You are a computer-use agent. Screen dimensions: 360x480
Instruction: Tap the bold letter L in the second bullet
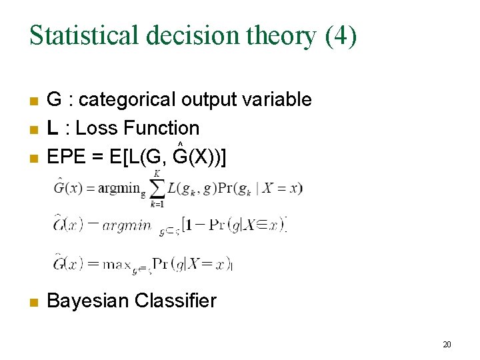52,128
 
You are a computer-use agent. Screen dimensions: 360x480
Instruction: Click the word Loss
101,128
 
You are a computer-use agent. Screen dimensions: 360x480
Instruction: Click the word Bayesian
88,301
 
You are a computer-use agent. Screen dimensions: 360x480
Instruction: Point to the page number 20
447,345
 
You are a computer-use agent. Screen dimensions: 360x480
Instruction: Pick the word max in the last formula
118,264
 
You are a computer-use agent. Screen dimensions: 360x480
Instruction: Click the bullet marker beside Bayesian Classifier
33,302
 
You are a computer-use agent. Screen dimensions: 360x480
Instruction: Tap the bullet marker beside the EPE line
33,159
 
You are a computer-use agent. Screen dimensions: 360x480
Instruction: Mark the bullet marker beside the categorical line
33,101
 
